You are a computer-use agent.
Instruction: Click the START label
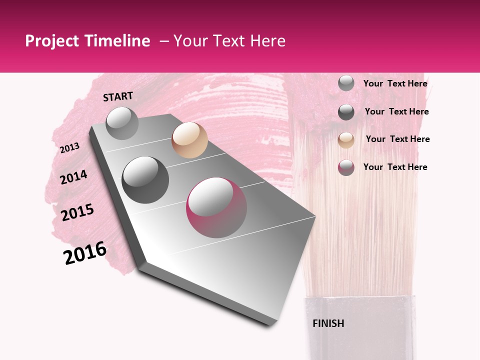point(118,96)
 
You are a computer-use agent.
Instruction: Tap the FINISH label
point(328,323)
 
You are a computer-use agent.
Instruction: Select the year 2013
point(69,148)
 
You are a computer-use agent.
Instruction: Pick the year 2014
point(73,177)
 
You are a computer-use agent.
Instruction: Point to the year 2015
point(77,212)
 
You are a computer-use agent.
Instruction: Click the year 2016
point(85,253)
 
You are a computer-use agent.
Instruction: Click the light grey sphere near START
point(122,123)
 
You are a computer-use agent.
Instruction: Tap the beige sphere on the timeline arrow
point(189,140)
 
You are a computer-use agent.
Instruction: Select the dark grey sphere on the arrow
point(145,179)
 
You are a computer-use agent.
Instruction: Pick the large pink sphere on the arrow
point(216,207)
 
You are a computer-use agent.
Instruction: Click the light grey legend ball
point(346,83)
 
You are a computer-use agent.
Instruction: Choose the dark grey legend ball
point(346,112)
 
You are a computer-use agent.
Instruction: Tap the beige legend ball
point(346,140)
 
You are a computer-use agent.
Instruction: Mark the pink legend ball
point(346,167)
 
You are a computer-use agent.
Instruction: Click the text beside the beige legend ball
point(397,139)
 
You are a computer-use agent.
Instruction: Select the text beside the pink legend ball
point(395,167)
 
